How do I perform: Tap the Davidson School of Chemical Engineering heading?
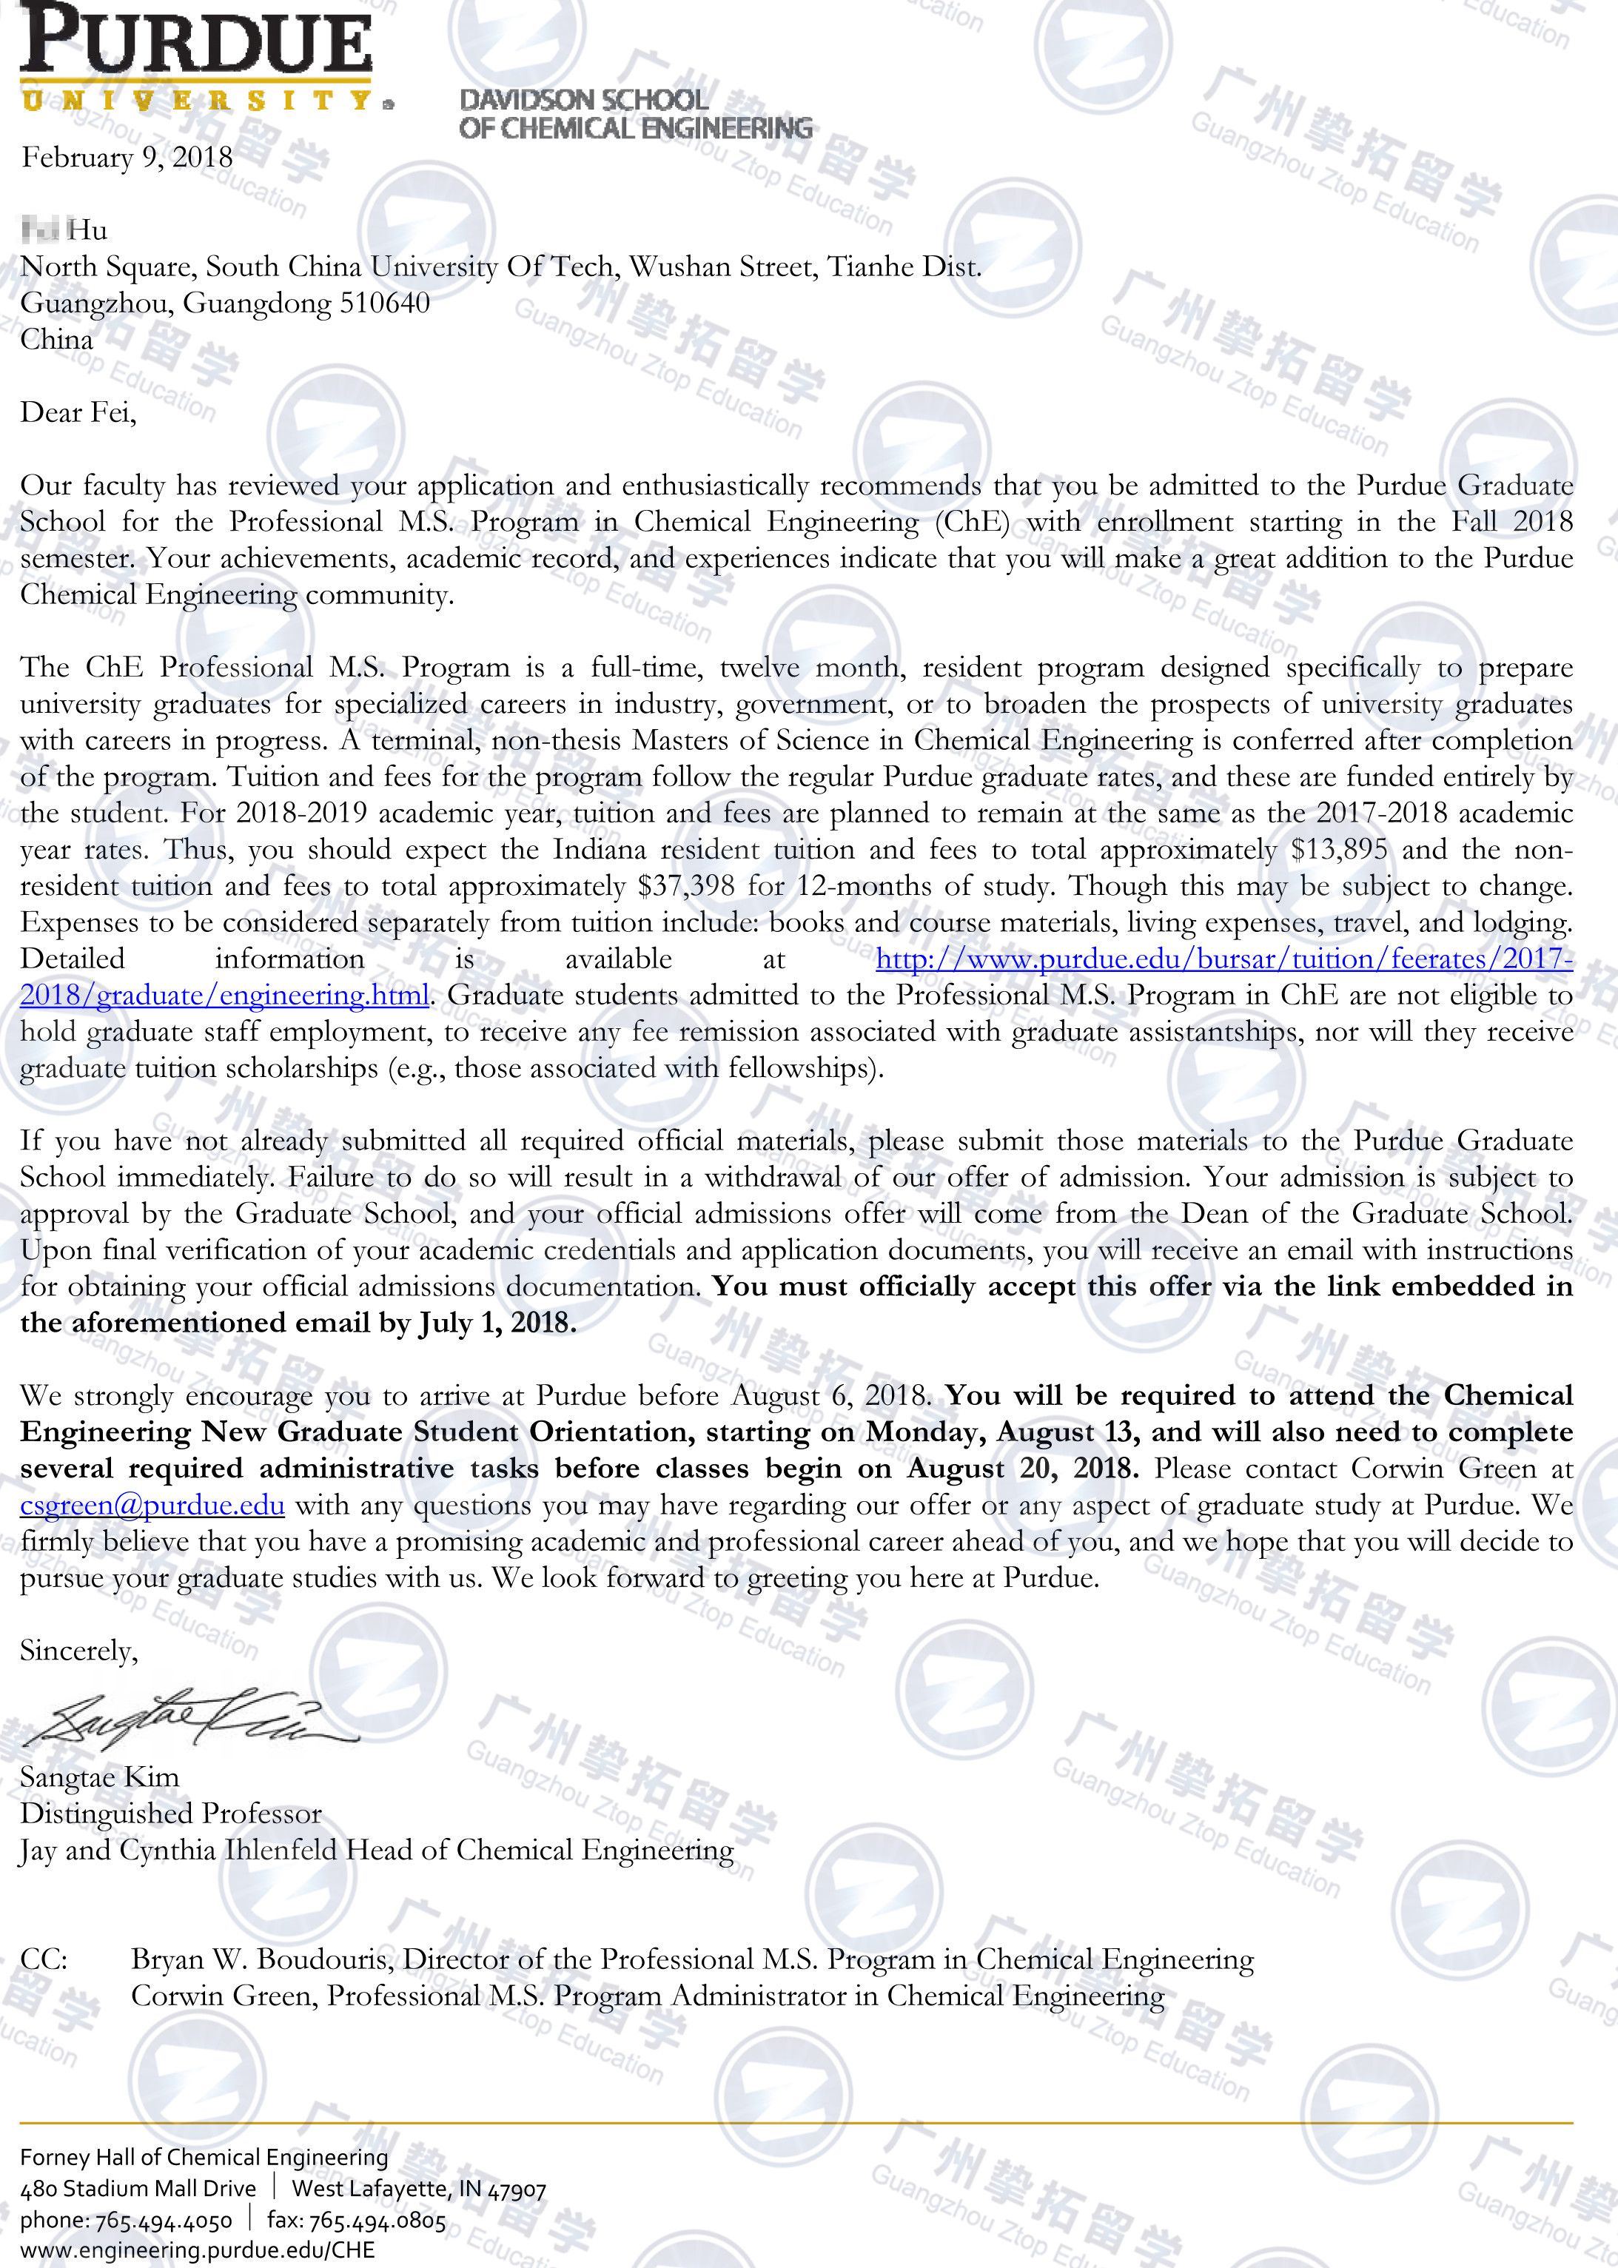click(634, 113)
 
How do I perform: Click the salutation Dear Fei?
click(78, 412)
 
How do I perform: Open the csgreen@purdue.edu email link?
click(152, 1505)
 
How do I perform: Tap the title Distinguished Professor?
click(170, 1814)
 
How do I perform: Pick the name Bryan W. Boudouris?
click(260, 1959)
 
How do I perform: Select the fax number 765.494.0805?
click(377, 2221)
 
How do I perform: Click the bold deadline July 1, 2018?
click(497, 1323)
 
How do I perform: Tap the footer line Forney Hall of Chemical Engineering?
click(204, 2158)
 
